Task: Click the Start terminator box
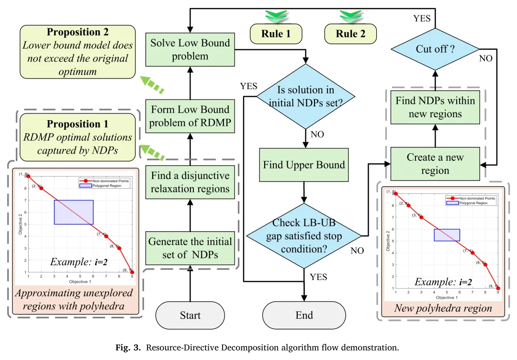tap(190, 315)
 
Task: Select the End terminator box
tap(304, 315)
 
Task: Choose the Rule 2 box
tap(350, 34)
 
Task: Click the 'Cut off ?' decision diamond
tap(435, 49)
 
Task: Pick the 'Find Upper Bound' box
tap(304, 165)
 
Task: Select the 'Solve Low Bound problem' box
tap(190, 49)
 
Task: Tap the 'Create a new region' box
tap(435, 164)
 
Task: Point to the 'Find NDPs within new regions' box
tap(435, 107)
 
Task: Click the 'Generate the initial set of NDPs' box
tap(190, 248)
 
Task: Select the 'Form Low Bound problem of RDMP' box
tap(190, 116)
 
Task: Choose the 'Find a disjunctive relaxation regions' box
tap(190, 182)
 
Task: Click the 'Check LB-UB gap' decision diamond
tap(304, 235)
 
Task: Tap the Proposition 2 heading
tap(78, 32)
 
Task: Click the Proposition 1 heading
tap(78, 124)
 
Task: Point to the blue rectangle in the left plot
tap(73, 212)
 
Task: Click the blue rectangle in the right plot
tap(447, 235)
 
